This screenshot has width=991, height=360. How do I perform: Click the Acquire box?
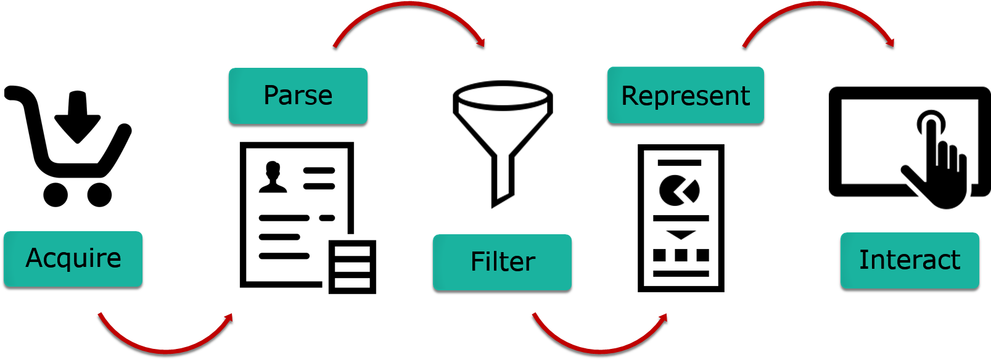(73, 259)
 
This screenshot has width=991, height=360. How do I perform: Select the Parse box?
(298, 96)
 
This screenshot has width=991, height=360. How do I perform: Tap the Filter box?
(502, 262)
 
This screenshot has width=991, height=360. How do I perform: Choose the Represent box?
(685, 95)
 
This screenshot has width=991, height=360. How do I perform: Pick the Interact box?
(910, 260)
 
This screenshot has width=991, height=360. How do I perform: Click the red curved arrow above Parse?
(409, 4)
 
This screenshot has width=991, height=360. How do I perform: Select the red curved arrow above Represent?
(819, 4)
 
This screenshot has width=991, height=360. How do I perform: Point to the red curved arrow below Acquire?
(165, 351)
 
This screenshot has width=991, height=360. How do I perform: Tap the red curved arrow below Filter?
(599, 351)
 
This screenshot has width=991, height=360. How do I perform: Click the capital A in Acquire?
(35, 258)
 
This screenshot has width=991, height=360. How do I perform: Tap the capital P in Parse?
(271, 95)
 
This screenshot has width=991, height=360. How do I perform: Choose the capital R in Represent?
(629, 96)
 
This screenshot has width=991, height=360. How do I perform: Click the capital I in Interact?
(863, 260)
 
